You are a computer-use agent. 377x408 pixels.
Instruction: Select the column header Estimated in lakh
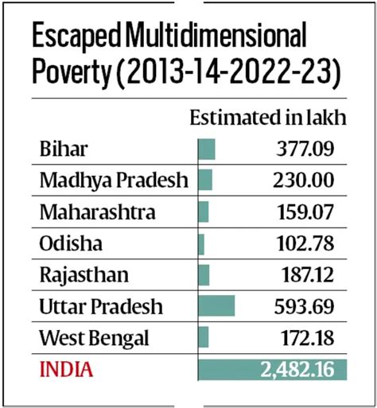[267, 119]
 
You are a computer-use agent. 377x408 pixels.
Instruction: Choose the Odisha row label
[69, 243]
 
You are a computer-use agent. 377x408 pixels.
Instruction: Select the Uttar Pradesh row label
[100, 306]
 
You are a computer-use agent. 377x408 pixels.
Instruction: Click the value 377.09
[302, 149]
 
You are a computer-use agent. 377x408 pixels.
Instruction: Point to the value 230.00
[302, 180]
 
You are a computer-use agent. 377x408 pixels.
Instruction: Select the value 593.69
[302, 306]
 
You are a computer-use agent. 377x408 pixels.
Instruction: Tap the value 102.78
[302, 243]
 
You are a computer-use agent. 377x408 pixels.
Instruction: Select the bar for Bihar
[207, 149]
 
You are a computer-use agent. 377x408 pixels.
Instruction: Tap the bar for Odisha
[201, 243]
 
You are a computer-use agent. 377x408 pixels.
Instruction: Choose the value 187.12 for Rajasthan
[302, 275]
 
